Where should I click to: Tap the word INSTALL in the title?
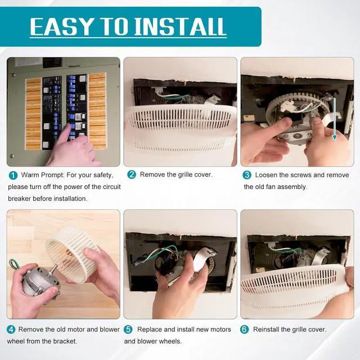(180, 26)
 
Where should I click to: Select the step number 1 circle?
(13, 175)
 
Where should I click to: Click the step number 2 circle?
(132, 175)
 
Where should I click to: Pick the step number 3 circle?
(247, 175)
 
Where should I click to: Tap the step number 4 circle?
(11, 330)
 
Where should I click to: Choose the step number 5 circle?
(128, 330)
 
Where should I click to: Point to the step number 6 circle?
(244, 330)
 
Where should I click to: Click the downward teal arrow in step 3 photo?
(335, 119)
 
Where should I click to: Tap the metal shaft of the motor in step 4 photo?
(54, 269)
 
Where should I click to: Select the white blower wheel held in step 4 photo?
(71, 253)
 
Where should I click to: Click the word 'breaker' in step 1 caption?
(19, 199)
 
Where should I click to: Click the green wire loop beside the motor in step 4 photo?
(13, 264)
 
